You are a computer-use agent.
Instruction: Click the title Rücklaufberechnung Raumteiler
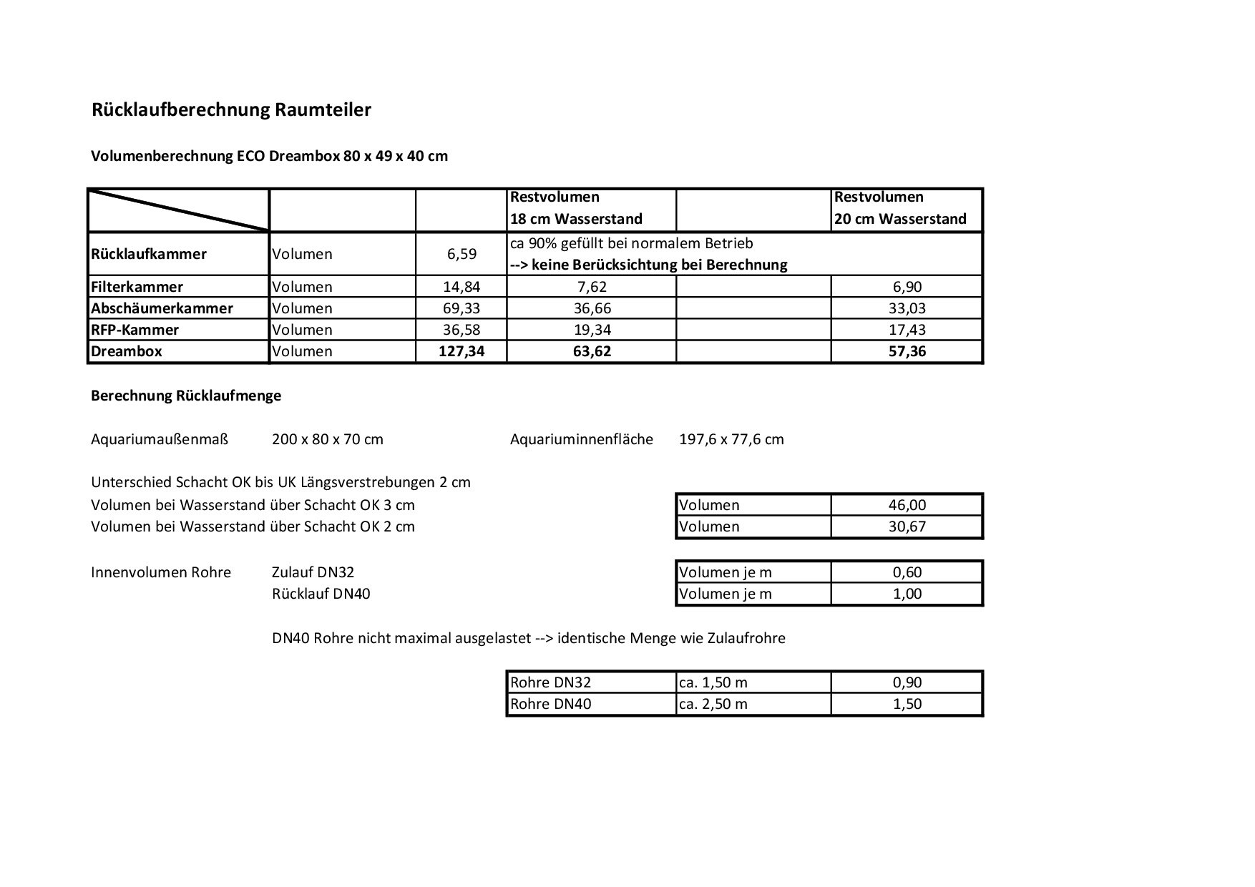tap(231, 110)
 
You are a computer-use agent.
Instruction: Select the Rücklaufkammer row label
tap(149, 254)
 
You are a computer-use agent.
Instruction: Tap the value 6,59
tap(462, 254)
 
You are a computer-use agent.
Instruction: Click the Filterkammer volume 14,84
tap(462, 287)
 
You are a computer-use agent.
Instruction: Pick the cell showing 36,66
tap(592, 308)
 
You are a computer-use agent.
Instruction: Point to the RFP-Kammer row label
tap(135, 330)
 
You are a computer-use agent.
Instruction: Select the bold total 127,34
tap(462, 351)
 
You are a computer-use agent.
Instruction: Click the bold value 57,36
tap(907, 351)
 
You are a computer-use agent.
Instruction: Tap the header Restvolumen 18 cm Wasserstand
tap(576, 207)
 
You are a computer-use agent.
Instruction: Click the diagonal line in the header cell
tap(179, 210)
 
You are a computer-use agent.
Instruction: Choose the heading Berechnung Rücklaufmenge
tap(186, 396)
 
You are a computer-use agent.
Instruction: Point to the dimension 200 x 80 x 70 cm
tap(328, 439)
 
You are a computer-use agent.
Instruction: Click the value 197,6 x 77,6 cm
tap(731, 439)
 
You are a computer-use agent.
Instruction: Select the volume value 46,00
tap(907, 505)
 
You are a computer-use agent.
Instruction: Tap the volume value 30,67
tap(907, 526)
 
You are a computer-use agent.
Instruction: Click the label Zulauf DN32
tap(313, 572)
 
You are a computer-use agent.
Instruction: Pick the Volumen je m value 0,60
tap(907, 572)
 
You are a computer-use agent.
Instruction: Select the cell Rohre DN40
tap(550, 704)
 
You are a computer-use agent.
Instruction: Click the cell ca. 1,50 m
tap(713, 682)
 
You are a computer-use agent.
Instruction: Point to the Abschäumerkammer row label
tap(162, 308)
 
